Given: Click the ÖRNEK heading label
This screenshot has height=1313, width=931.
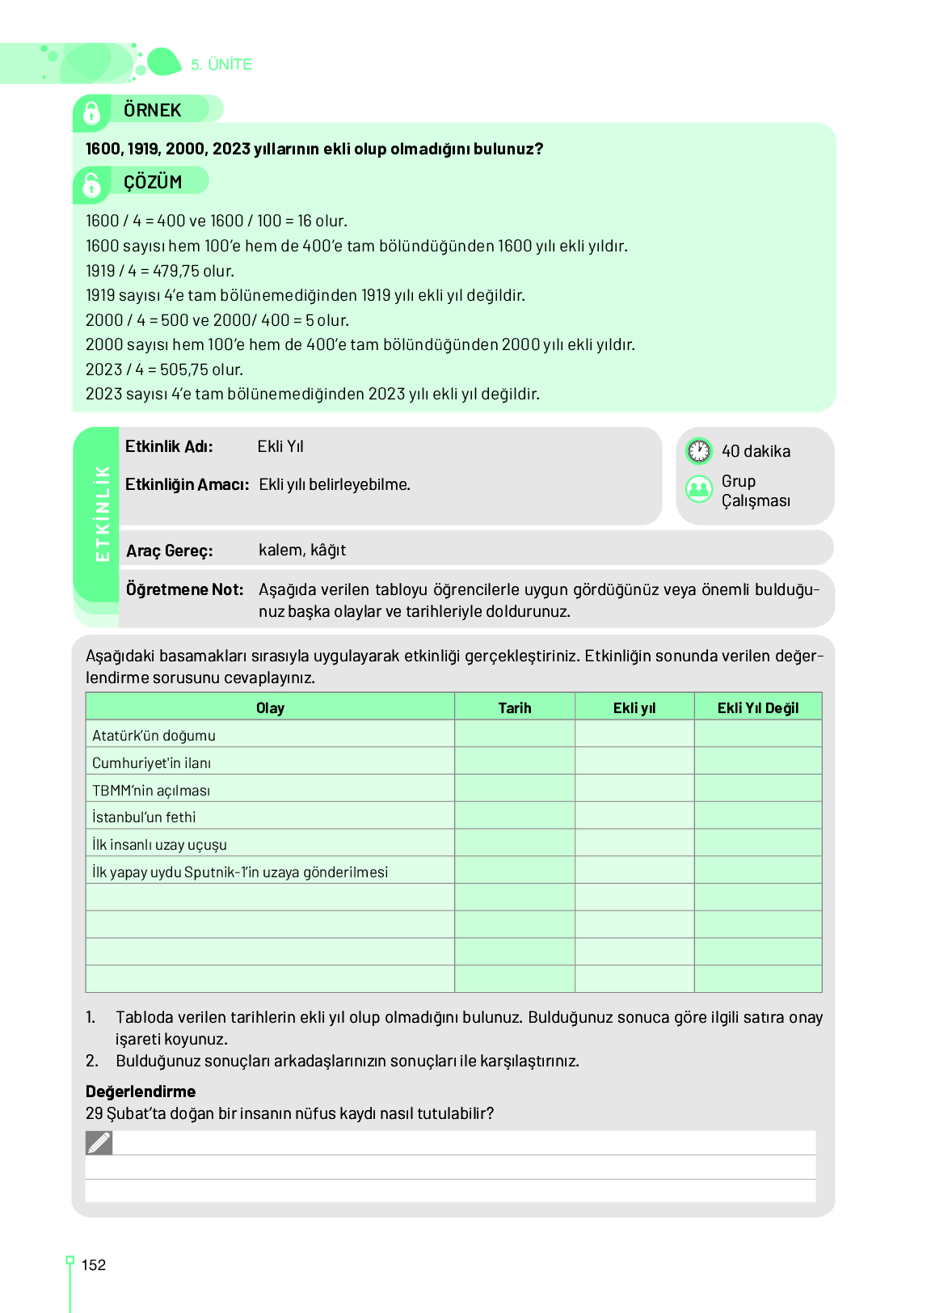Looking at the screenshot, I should pyautogui.click(x=152, y=111).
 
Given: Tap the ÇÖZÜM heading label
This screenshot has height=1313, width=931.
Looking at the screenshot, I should pyautogui.click(x=153, y=183).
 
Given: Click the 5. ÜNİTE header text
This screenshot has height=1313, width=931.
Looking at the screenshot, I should pyautogui.click(x=221, y=65).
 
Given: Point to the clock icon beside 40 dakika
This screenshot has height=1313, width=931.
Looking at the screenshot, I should pyautogui.click(x=699, y=451).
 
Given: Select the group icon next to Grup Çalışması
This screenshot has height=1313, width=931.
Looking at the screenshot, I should pyautogui.click(x=699, y=489).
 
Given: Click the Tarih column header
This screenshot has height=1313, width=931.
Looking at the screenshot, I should pyautogui.click(x=515, y=708).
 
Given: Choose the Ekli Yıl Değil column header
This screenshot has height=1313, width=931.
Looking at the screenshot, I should pyautogui.click(x=757, y=708).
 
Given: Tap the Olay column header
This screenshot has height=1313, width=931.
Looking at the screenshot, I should pyautogui.click(x=270, y=708).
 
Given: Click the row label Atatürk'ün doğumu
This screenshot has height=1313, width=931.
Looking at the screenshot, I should pyautogui.click(x=154, y=736).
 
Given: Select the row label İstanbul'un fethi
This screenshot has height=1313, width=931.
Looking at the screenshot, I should pyautogui.click(x=144, y=817).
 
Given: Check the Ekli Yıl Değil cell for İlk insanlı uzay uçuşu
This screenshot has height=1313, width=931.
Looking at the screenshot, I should pyautogui.click(x=757, y=844).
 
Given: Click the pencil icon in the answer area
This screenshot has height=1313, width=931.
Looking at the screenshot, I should pyautogui.click(x=99, y=1143).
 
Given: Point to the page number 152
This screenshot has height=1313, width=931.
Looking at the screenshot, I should pyautogui.click(x=94, y=1265).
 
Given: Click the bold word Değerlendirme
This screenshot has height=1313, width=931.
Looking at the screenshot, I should pyautogui.click(x=141, y=1091).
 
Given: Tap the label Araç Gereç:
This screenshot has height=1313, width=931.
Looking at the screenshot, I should pyautogui.click(x=170, y=551).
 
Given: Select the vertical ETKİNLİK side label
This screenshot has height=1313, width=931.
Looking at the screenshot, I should pyautogui.click(x=103, y=513).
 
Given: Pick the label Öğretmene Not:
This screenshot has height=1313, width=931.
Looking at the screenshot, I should pyautogui.click(x=185, y=589).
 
